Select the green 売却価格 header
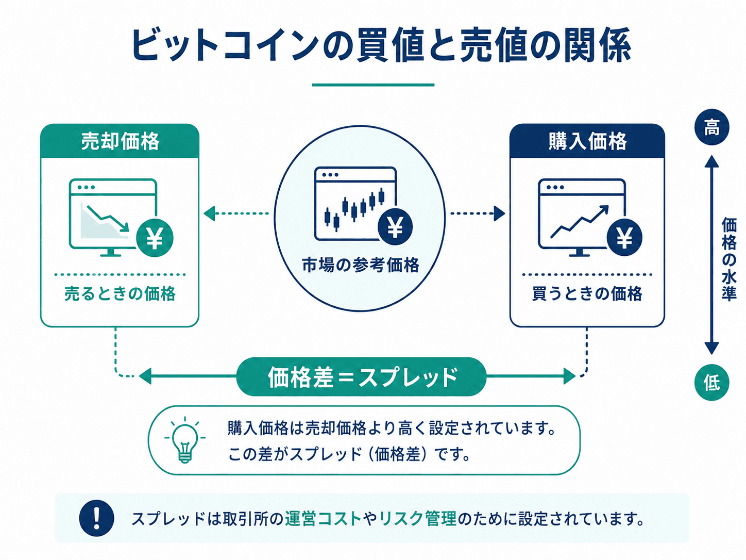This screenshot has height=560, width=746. point(120,141)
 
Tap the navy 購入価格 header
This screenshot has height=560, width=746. point(587,141)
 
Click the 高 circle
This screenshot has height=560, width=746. point(711,127)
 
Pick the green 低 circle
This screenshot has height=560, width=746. point(711,383)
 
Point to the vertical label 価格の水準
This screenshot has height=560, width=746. point(728,259)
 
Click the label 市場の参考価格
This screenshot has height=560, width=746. point(361,265)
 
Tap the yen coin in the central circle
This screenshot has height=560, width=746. point(395,227)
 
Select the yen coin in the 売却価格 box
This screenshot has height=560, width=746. point(155,238)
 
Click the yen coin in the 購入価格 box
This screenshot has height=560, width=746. point(624,237)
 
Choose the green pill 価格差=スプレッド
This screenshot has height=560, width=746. point(361,377)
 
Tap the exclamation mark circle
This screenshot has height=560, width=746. point(96,518)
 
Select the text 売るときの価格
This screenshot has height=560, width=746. point(120,294)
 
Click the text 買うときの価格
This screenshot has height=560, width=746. point(587,294)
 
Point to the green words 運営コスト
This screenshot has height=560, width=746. point(323,519)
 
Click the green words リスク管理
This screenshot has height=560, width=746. point(418,519)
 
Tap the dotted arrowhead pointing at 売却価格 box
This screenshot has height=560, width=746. point(209,213)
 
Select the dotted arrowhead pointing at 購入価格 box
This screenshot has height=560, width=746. point(499,213)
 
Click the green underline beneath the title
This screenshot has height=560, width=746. point(373,85)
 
